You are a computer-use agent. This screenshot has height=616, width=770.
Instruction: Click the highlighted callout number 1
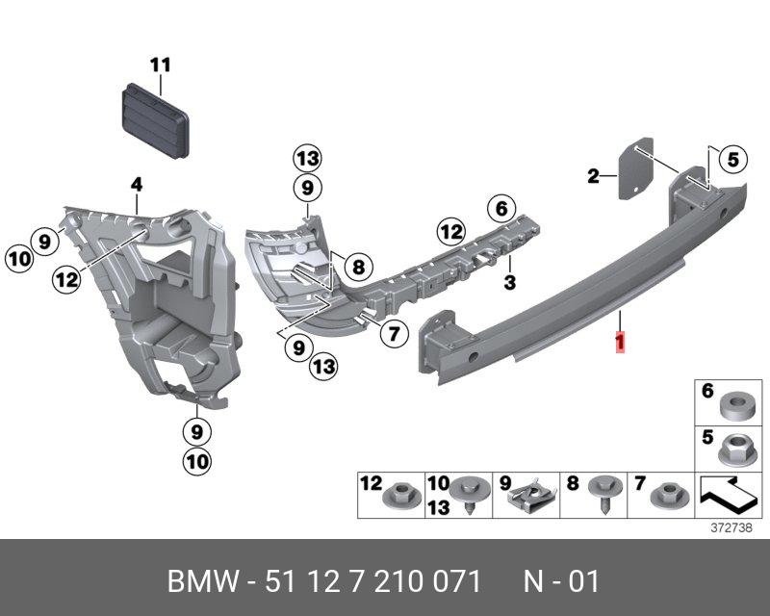click(x=622, y=343)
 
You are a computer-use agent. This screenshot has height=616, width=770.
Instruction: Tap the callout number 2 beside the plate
click(x=594, y=176)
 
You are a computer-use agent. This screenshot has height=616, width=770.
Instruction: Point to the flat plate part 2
click(x=634, y=170)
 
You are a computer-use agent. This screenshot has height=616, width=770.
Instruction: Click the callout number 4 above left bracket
click(x=137, y=183)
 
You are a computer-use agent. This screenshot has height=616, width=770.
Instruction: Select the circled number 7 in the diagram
click(x=391, y=335)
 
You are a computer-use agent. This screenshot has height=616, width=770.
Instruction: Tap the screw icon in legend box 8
click(x=603, y=493)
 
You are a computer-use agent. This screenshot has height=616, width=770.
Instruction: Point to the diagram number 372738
click(x=731, y=528)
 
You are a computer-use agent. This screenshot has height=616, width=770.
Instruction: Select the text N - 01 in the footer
click(x=561, y=581)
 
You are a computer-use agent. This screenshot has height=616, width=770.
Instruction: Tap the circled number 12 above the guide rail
click(x=450, y=230)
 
